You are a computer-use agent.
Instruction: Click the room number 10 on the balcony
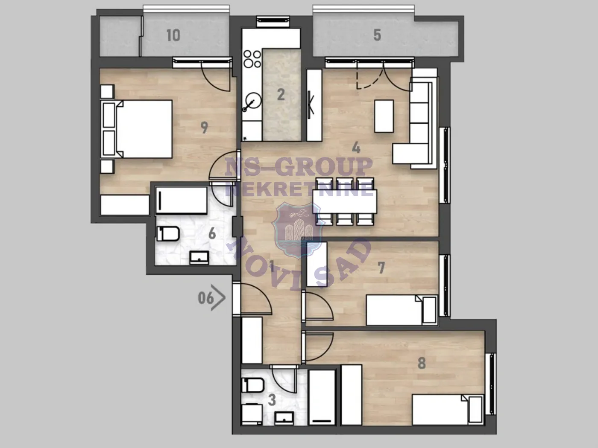173,35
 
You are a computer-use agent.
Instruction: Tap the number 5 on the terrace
377,35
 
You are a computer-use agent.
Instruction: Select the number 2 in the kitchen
281,94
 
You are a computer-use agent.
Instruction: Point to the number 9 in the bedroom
205,127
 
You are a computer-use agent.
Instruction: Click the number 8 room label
422,363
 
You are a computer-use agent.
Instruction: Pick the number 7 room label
381,268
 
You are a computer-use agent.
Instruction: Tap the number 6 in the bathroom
212,234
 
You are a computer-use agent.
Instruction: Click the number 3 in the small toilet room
272,400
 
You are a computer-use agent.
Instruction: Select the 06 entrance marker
206,297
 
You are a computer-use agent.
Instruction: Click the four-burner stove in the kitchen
252,59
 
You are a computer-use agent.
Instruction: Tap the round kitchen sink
252,102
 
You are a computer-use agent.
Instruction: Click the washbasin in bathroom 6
199,257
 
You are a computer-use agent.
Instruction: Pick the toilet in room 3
250,385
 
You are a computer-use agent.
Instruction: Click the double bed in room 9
139,129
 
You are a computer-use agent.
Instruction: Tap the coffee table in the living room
384,116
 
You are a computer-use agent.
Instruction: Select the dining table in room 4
344,201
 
